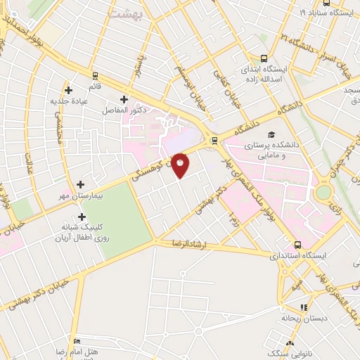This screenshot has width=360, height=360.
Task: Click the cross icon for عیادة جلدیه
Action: pos(68,89)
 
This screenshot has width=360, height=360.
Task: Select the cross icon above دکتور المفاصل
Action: pos(124,100)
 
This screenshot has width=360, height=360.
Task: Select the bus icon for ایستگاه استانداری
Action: pos(297,245)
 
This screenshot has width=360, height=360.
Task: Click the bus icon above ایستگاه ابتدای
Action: pos(264,59)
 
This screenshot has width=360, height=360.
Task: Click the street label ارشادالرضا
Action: pos(192,243)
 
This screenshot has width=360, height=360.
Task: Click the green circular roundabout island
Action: pos(323,191)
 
